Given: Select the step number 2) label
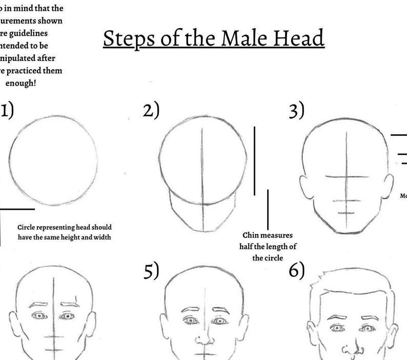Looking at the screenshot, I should click(151, 110).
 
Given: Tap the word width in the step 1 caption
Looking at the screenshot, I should click(101, 237).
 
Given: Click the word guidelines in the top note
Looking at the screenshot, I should click(45, 32).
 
